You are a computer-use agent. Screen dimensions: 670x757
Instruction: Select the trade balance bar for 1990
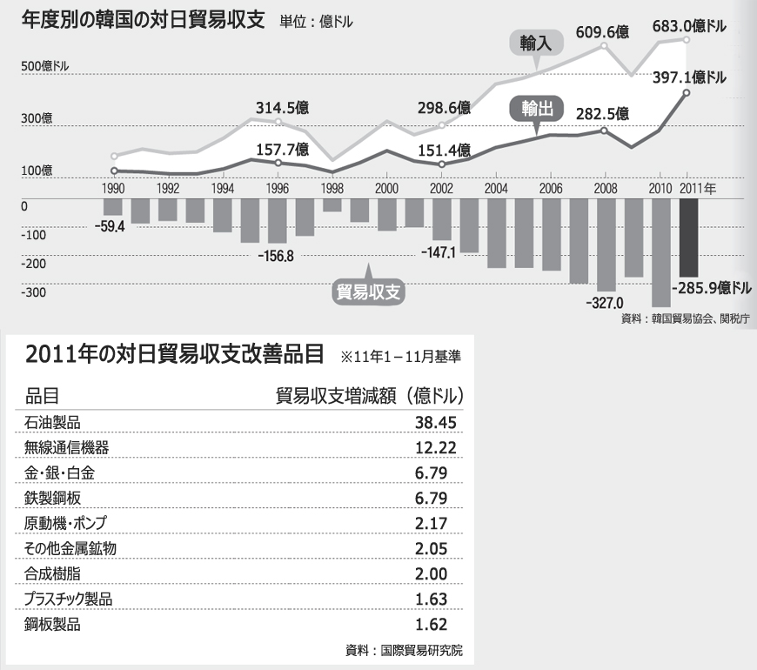pyautogui.click(x=113, y=208)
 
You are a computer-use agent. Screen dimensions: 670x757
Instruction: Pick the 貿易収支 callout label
pyautogui.click(x=369, y=291)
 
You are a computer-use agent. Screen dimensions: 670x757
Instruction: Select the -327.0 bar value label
pyautogui.click(x=606, y=303)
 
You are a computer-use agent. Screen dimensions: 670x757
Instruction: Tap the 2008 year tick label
pyautogui.click(x=605, y=188)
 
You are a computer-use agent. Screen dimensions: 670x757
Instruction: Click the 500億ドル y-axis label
pyautogui.click(x=45, y=67)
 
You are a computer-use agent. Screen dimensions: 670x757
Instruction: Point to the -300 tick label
pyautogui.click(x=34, y=292)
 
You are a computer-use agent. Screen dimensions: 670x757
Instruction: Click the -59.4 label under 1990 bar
pyautogui.click(x=110, y=226)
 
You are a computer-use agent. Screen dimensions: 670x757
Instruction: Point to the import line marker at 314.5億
pyautogui.click(x=278, y=123)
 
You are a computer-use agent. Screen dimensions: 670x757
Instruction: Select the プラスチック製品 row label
pyautogui.click(x=69, y=600)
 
